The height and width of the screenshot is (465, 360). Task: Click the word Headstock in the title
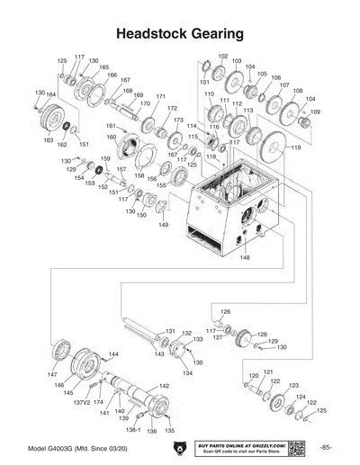pos(148,34)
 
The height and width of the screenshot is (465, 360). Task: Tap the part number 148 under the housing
pos(244,258)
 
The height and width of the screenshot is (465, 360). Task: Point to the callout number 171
pos(161,96)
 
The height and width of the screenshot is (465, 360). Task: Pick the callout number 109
pos(315,112)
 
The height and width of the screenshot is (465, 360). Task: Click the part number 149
pos(164,225)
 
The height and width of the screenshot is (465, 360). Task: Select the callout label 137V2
pos(82,404)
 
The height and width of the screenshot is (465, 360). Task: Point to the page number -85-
pos(326,447)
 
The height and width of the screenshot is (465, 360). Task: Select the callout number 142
pos(164,386)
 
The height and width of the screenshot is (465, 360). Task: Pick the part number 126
pos(226,311)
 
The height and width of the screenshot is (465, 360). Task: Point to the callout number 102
pos(222,57)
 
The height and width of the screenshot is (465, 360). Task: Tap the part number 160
pos(112,138)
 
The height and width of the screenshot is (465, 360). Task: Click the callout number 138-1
pos(132,431)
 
